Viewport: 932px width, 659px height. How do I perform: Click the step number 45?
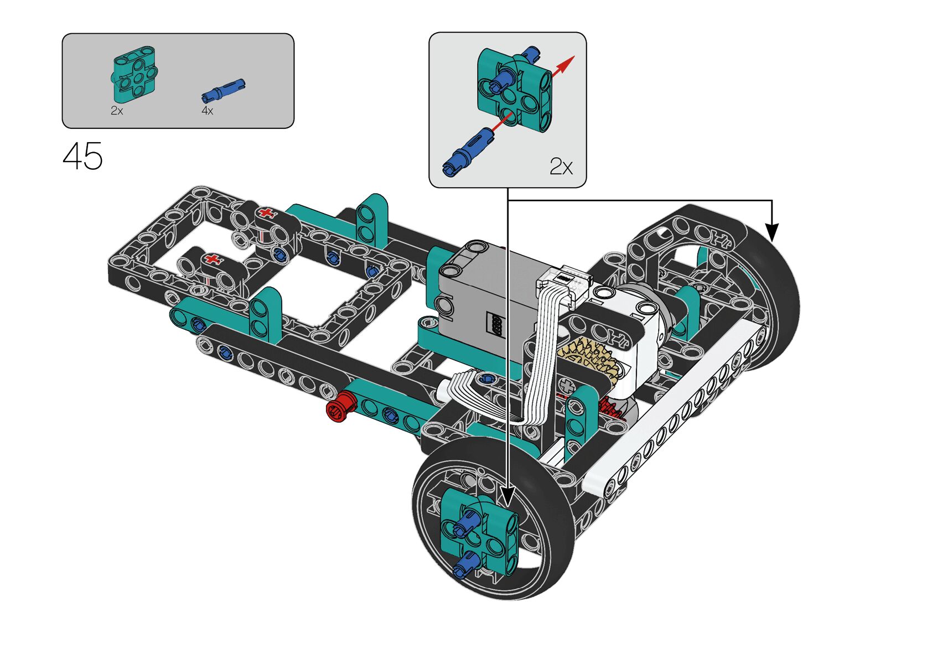click(82, 156)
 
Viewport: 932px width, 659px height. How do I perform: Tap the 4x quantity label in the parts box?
click(207, 111)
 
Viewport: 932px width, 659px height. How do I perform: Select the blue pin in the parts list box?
click(224, 91)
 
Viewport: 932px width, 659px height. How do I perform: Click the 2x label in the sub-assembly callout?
click(561, 167)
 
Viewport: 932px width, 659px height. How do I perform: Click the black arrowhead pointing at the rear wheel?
click(772, 232)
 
